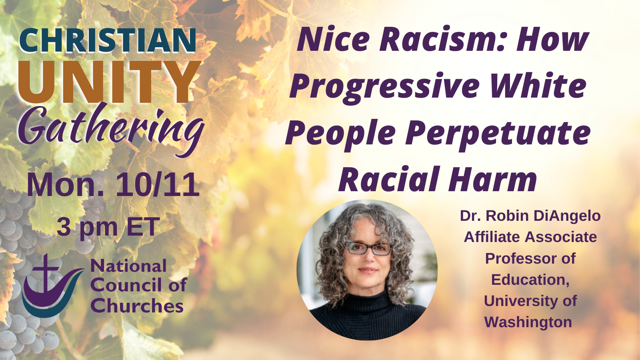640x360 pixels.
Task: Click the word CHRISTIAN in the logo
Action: click(x=108, y=40)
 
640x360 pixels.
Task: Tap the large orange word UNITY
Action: click(x=110, y=82)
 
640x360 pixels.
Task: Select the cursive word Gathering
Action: click(x=112, y=130)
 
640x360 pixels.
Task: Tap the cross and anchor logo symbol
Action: click(x=53, y=286)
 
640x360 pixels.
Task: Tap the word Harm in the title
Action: click(x=492, y=180)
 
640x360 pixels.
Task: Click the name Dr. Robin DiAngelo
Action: click(x=530, y=216)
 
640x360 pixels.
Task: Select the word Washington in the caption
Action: click(x=528, y=322)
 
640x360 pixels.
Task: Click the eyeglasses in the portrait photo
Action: click(x=368, y=248)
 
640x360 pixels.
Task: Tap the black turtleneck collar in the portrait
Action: click(x=368, y=298)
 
